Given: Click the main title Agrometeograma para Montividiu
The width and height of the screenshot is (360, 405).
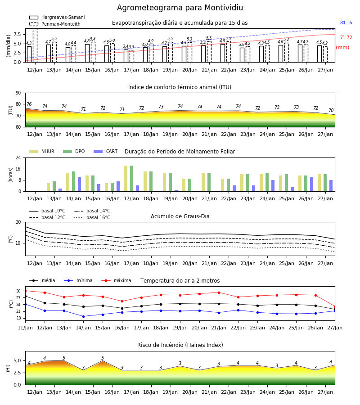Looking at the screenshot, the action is (180, 8).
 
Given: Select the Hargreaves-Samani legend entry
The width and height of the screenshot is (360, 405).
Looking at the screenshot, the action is (57, 17).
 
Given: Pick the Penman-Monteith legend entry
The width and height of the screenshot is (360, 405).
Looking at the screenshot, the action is (55, 24).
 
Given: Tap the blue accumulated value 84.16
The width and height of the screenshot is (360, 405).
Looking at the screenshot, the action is (346, 23).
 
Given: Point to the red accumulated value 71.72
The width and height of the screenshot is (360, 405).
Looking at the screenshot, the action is (346, 37).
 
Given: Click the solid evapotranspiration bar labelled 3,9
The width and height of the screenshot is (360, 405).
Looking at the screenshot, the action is (242, 55).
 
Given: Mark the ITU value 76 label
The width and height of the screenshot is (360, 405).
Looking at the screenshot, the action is (29, 104).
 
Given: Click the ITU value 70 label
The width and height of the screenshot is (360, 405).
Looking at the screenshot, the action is (331, 110).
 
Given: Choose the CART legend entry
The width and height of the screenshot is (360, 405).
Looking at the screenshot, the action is (105, 151).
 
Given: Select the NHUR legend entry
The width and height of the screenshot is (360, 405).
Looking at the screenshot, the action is (42, 151).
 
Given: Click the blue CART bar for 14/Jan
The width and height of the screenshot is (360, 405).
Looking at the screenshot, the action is (79, 184).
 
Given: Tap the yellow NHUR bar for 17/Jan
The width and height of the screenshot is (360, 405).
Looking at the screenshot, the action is (126, 179).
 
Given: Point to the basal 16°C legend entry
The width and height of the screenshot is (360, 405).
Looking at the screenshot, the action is (92, 217).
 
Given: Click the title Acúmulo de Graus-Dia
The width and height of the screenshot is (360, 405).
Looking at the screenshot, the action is (180, 216).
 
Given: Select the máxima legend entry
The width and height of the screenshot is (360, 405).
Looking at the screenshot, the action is (116, 280).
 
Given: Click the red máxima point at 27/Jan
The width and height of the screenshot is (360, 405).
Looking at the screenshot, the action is (335, 306).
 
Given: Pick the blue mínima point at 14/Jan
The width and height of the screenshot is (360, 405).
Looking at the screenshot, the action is (83, 316).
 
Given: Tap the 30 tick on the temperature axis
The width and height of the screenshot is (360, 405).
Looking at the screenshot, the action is (18, 291).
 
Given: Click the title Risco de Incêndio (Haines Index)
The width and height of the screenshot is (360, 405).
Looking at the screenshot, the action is (180, 345).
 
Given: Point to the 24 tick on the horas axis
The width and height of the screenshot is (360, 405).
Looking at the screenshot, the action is (18, 157).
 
